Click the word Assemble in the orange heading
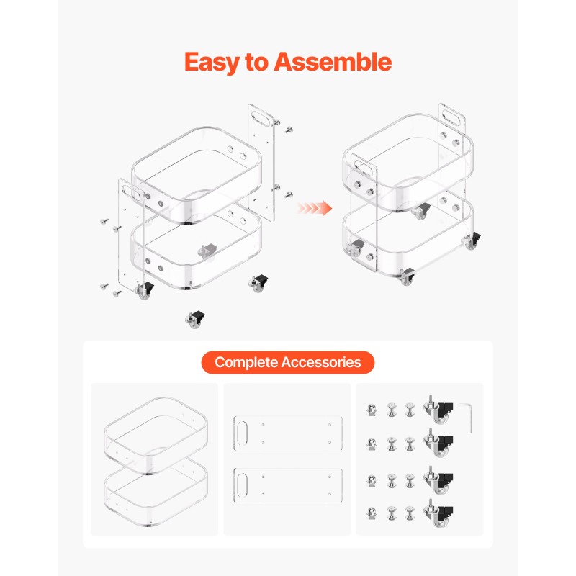pyautogui.click(x=333, y=62)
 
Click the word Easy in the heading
pyautogui.click(x=212, y=63)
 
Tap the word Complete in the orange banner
pyautogui.click(x=246, y=363)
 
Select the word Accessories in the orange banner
pyautogui.click(x=321, y=362)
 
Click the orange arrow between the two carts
pyautogui.click(x=315, y=208)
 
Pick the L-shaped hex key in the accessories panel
pyautogui.click(x=467, y=418)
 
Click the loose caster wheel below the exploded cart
pyautogui.click(x=195, y=319)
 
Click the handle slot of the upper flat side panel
pyautogui.click(x=243, y=433)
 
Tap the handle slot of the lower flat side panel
pyautogui.click(x=243, y=485)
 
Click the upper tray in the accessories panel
pyautogui.click(x=156, y=436)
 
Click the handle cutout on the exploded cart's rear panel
pyautogui.click(x=261, y=118)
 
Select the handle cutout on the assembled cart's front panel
pyautogui.click(x=364, y=168)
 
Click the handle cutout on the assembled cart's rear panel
pyautogui.click(x=452, y=117)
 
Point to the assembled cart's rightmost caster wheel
pyautogui.click(x=472, y=240)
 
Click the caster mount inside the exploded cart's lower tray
pyautogui.click(x=207, y=251)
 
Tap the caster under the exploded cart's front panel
pyautogui.click(x=144, y=290)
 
